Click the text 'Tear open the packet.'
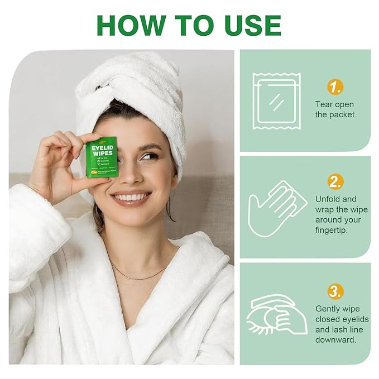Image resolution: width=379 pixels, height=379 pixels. pyautogui.click(x=334, y=109)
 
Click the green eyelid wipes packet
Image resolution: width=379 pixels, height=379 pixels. pyautogui.click(x=102, y=157)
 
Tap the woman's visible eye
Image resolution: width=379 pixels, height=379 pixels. pyautogui.click(x=149, y=156)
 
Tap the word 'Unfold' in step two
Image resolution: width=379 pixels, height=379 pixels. pyautogui.click(x=328, y=199)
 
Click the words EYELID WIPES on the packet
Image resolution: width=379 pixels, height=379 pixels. pyautogui.click(x=102, y=150)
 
